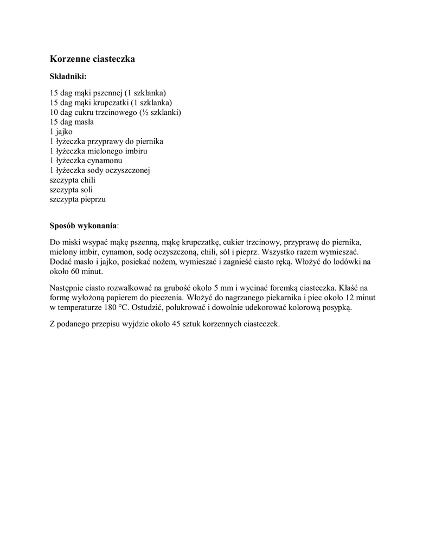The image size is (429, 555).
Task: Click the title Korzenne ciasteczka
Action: point(92,59)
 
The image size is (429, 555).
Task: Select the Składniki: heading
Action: point(68,76)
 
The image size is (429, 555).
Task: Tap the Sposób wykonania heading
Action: point(83,225)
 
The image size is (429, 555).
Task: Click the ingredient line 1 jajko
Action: point(61,132)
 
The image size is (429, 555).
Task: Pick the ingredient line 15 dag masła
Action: point(72,122)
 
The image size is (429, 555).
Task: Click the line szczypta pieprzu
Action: point(78,199)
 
